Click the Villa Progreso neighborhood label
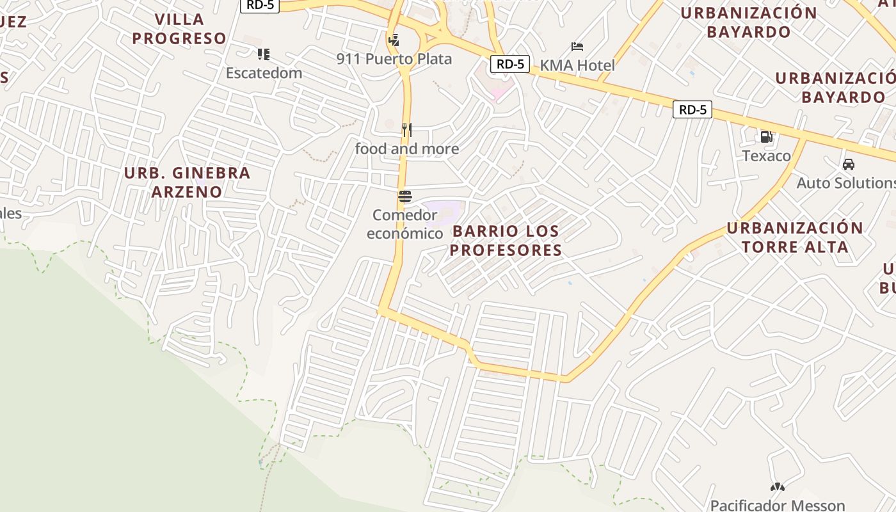(179, 29)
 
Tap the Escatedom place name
(264, 73)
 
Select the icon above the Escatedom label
(264, 54)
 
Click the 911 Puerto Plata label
(394, 59)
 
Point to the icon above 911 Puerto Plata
(394, 40)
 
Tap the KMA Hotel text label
(577, 65)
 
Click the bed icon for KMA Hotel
(577, 47)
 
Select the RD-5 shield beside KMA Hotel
(510, 64)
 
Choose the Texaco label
(766, 156)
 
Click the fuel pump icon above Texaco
(766, 136)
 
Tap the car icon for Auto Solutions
(849, 164)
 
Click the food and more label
(407, 149)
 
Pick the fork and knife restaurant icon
(406, 130)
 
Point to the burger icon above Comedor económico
(404, 196)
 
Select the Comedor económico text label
(404, 224)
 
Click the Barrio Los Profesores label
(506, 241)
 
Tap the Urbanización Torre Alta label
(795, 237)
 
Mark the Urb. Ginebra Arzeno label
(187, 182)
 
